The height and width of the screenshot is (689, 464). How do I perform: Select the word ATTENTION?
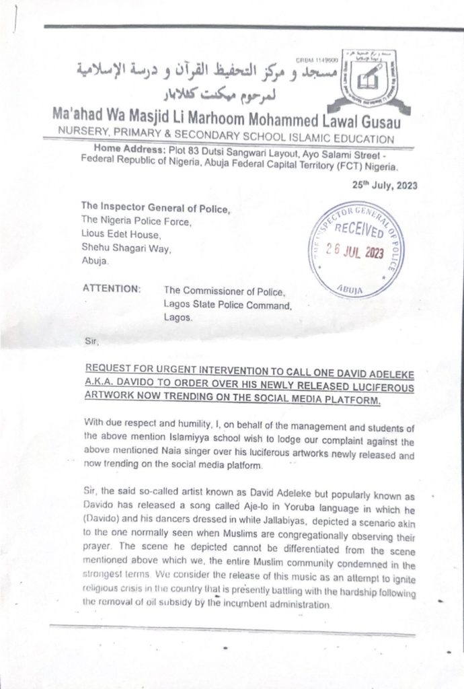click(x=111, y=289)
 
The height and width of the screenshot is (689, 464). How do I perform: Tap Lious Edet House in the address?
click(x=122, y=235)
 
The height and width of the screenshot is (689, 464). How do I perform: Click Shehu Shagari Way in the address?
click(x=126, y=248)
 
